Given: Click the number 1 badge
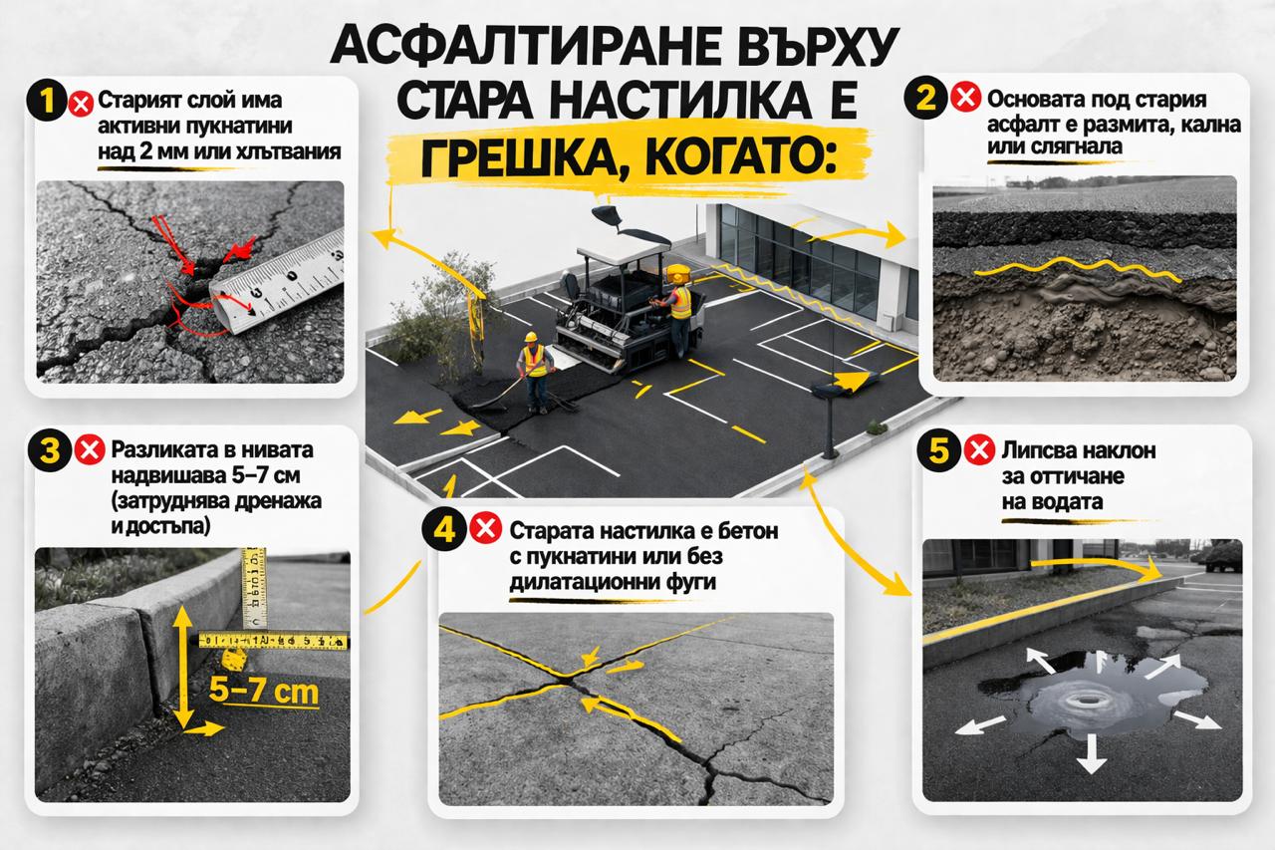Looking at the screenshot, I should (x=49, y=102).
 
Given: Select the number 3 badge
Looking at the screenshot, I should (x=49, y=450).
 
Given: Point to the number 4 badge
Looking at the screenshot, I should (x=441, y=529).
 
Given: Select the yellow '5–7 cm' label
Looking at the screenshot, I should (x=265, y=690).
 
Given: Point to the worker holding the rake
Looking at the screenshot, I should (x=535, y=371).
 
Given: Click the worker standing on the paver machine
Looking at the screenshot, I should (x=679, y=308).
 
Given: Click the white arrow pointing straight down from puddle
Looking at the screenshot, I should (x=1092, y=753).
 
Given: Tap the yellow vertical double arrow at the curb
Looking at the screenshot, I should (x=181, y=667).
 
